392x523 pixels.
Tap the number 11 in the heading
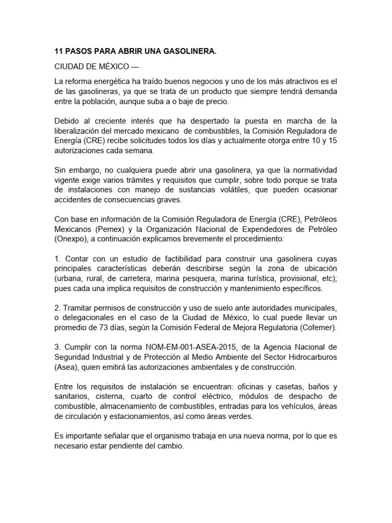pos(59,52)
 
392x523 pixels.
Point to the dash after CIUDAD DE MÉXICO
pos(134,67)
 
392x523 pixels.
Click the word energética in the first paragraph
pos(110,82)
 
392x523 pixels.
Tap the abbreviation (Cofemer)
pos(319,327)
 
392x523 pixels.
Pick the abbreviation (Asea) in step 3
pos(67,367)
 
